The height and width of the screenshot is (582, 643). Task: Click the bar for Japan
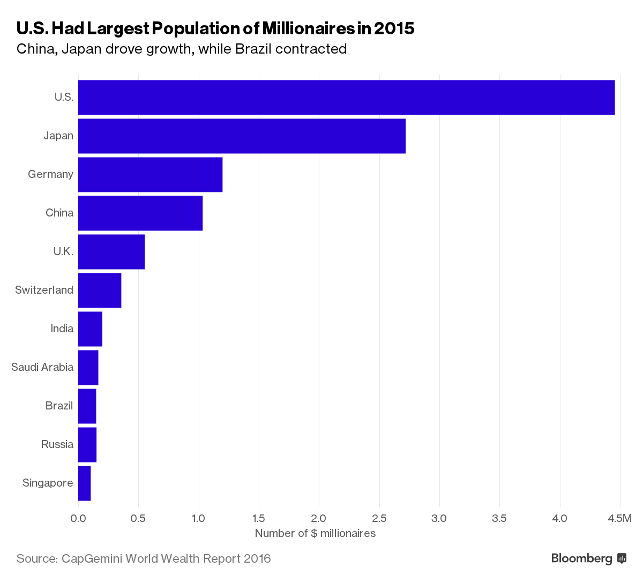[x=242, y=136]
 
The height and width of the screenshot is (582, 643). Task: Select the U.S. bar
[x=346, y=98]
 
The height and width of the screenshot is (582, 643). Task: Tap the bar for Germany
[x=150, y=175]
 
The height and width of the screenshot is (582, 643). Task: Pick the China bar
[x=140, y=213]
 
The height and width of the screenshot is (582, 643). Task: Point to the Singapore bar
[x=85, y=483]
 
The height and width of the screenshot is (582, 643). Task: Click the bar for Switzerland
[x=100, y=290]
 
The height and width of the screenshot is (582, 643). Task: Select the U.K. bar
[x=111, y=252]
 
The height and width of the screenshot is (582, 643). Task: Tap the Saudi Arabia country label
[x=42, y=367]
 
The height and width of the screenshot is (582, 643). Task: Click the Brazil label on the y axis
[x=59, y=406]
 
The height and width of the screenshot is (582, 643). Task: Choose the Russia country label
[x=57, y=444]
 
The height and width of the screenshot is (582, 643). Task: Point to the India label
[x=62, y=329]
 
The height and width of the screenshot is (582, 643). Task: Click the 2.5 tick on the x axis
[x=379, y=518]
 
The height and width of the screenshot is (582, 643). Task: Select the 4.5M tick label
[x=620, y=518]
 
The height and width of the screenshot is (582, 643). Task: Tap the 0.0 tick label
[x=78, y=518]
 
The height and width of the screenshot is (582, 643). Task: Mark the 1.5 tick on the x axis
[x=259, y=518]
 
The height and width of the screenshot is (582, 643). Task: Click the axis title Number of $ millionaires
[x=315, y=533]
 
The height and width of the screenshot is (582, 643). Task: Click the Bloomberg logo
[x=588, y=558]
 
